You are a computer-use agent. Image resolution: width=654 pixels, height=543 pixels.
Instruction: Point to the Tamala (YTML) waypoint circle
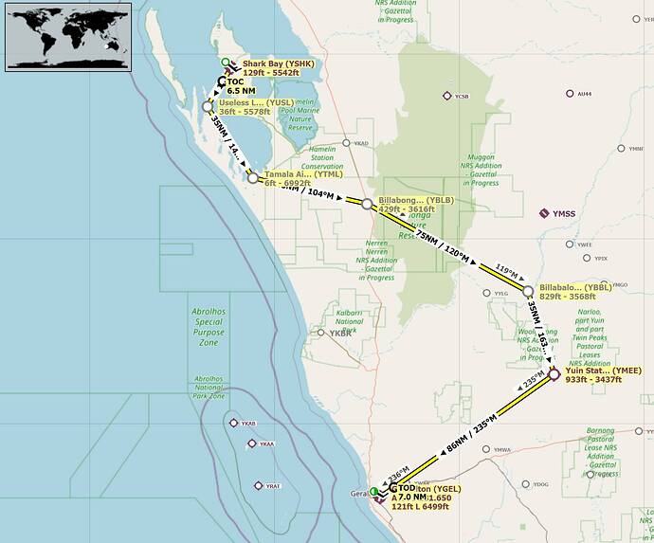point(252,177)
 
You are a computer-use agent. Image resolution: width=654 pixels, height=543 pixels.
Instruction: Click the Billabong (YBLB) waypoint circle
point(367,203)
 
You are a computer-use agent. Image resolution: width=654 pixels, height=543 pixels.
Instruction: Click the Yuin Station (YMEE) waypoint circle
point(554,374)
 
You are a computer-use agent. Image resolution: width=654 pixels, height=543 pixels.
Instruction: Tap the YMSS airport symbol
point(544,213)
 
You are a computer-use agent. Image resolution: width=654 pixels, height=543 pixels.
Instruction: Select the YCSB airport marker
point(446,96)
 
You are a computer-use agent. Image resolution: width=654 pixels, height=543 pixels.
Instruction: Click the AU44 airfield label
point(584,94)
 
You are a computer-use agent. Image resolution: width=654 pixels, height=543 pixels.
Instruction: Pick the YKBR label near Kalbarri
point(339,333)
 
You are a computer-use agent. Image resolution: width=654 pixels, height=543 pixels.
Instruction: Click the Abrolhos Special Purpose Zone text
point(209,325)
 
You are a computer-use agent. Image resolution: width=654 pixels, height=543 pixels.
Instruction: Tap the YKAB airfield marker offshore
point(234,423)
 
